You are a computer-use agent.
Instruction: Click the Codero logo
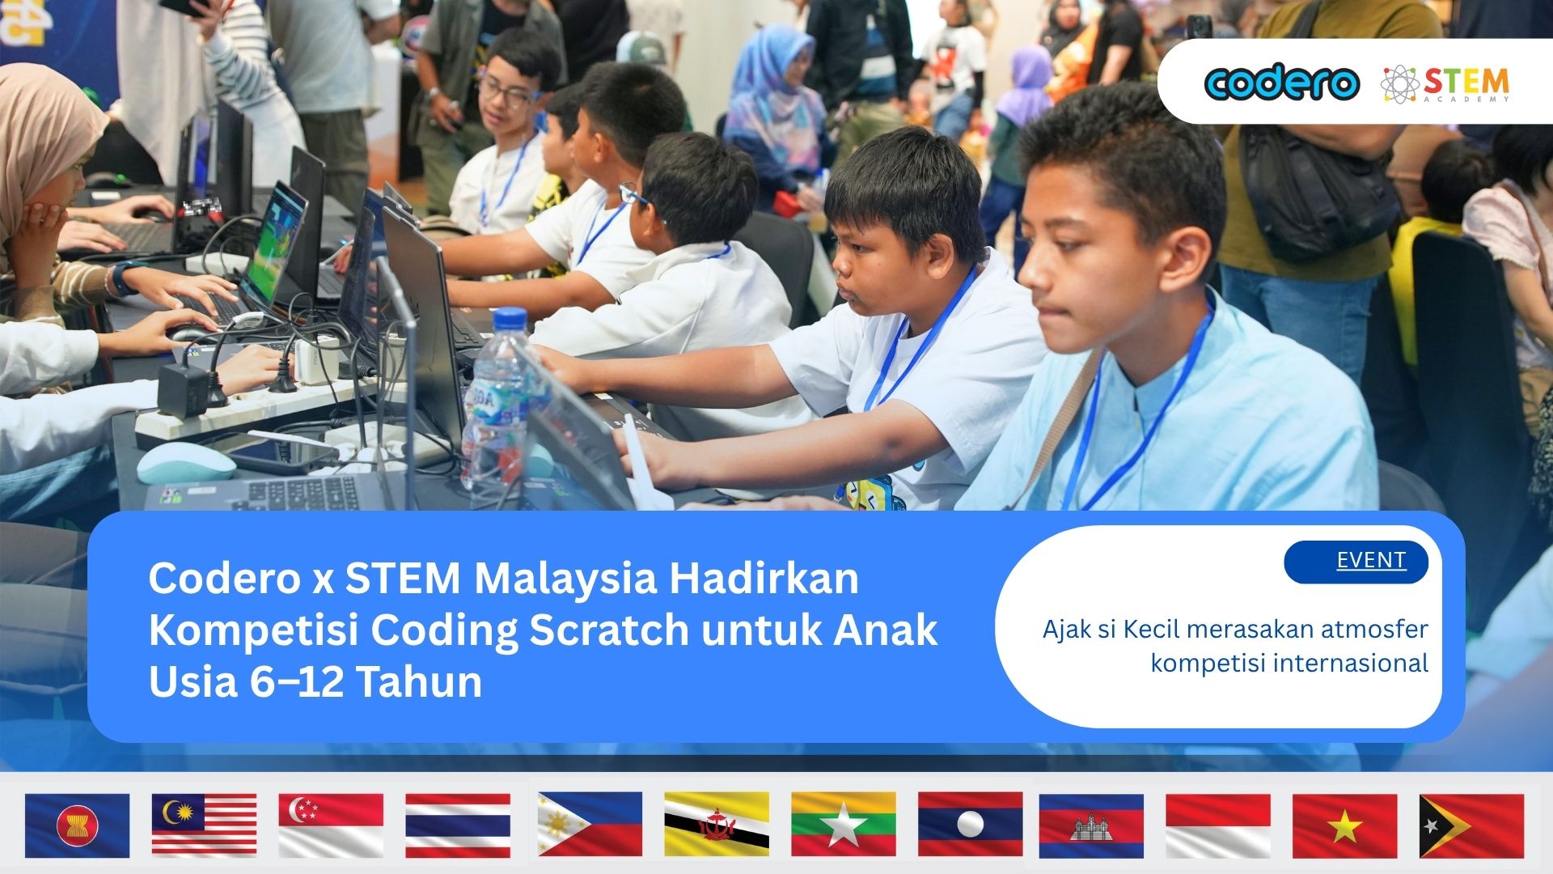coord(1281,83)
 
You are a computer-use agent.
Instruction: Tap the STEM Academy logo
coord(1445,84)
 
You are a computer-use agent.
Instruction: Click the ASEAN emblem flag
coord(77,825)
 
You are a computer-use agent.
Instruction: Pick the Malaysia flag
coord(204,825)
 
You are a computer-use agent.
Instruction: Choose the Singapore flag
coord(331,825)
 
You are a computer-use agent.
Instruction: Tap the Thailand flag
coord(458,825)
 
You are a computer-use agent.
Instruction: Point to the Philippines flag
coord(590,825)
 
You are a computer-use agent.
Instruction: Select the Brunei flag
coord(717,825)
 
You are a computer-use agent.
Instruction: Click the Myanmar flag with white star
coord(844,825)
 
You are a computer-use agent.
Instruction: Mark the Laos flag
coord(971,825)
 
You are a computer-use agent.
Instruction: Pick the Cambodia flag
coord(1091,825)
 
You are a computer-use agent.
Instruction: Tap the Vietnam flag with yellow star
coord(1344,825)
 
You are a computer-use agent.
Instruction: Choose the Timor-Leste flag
coord(1471,825)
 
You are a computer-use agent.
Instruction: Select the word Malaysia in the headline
coord(566,579)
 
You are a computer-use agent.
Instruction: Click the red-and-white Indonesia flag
coord(1218,825)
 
